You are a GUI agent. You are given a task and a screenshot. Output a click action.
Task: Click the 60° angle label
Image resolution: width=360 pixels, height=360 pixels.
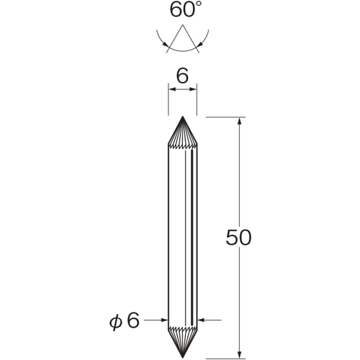(183, 9)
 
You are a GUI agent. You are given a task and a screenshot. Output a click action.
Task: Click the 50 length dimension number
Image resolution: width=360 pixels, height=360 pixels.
(238, 238)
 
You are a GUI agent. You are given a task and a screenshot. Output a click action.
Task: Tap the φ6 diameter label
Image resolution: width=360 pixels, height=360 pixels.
(125, 320)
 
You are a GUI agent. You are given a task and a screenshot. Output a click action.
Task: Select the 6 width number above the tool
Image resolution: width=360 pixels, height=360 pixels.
(183, 76)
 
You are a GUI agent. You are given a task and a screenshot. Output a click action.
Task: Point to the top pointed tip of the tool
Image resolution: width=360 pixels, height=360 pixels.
(183, 117)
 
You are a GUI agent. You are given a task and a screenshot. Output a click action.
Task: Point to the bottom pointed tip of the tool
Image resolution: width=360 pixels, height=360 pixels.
(183, 358)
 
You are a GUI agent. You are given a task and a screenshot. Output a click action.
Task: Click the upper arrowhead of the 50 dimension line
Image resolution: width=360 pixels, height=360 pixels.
(239, 121)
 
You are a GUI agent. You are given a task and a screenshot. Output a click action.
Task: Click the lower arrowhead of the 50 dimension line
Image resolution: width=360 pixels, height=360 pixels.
(239, 355)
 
